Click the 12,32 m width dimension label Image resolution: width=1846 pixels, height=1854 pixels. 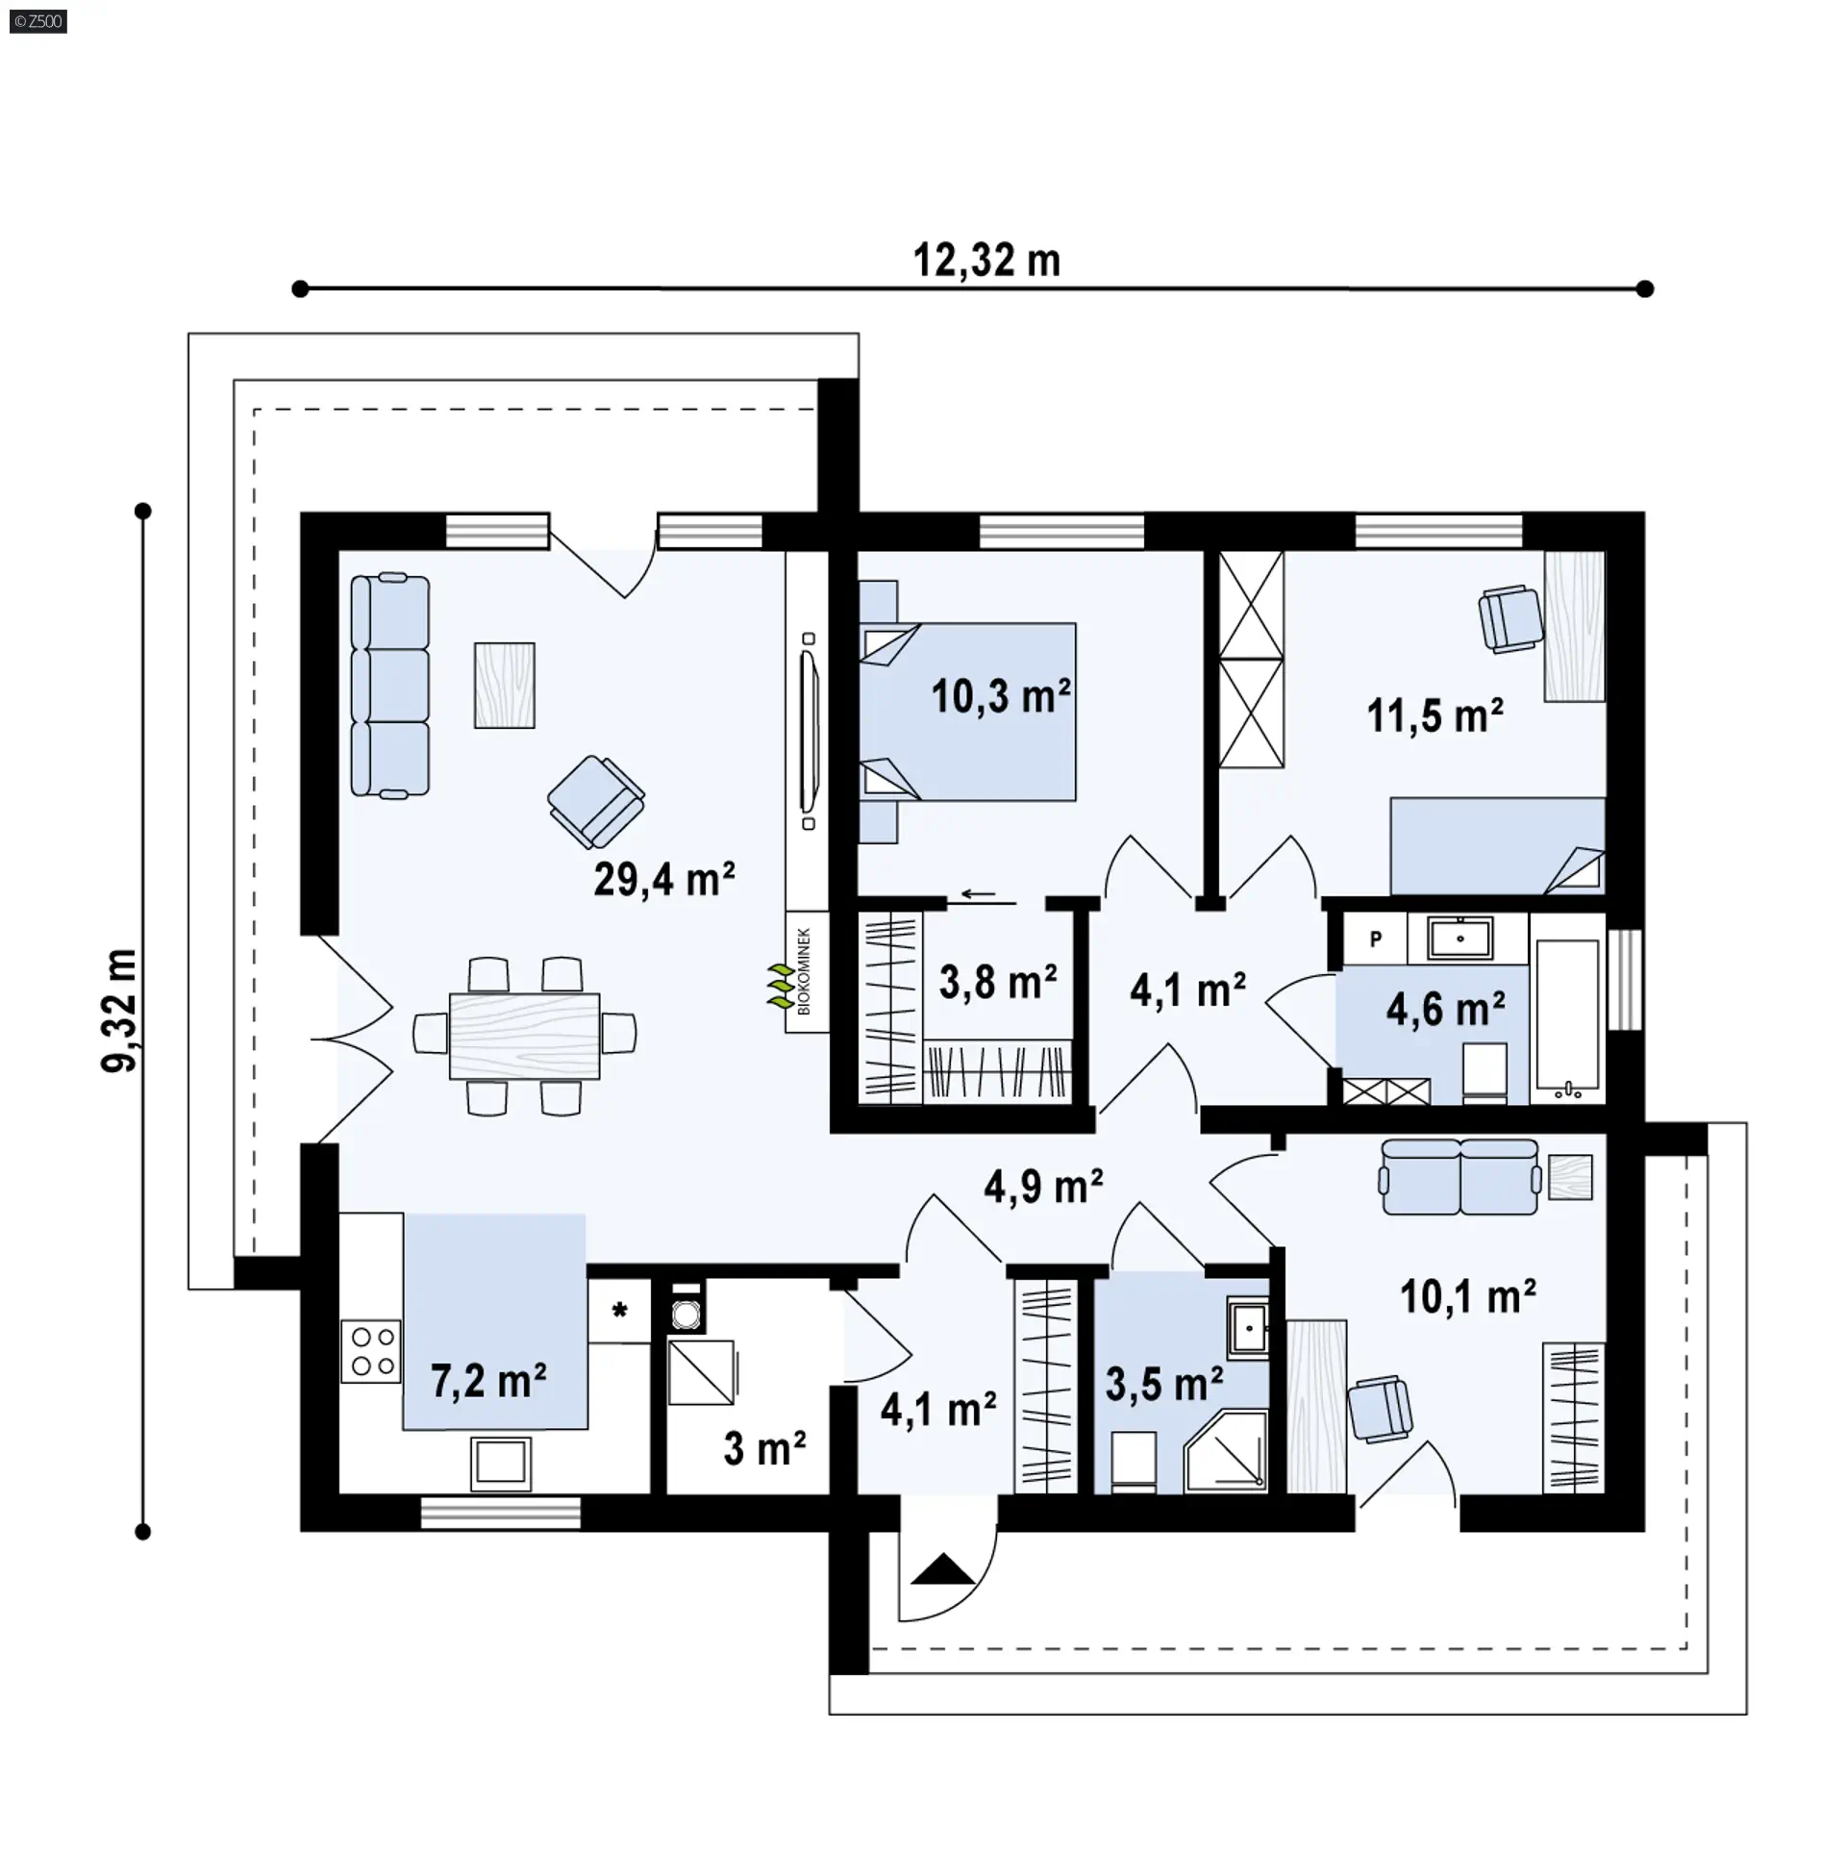tap(986, 261)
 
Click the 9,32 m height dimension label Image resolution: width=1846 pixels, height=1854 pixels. tap(120, 1009)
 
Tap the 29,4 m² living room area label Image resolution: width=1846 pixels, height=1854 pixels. tap(663, 878)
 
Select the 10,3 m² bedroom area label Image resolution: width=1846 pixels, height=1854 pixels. tap(1000, 695)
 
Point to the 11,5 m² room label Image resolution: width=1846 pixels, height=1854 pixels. tap(1434, 715)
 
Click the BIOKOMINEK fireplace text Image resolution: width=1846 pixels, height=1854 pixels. tap(805, 971)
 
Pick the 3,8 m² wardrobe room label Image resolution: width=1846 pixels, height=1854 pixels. tap(998, 983)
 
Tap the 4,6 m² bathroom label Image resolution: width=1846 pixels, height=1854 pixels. tap(1445, 1009)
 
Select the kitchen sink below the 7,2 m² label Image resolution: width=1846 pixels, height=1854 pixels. tap(500, 1463)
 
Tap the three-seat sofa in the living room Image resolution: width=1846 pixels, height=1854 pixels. tap(389, 686)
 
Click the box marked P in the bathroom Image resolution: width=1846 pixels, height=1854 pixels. tap(1375, 939)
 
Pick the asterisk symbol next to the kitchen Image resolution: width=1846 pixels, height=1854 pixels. tap(619, 1310)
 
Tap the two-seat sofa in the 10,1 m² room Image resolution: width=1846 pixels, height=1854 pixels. tap(1459, 1177)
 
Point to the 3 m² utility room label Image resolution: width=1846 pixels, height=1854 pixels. tap(764, 1448)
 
